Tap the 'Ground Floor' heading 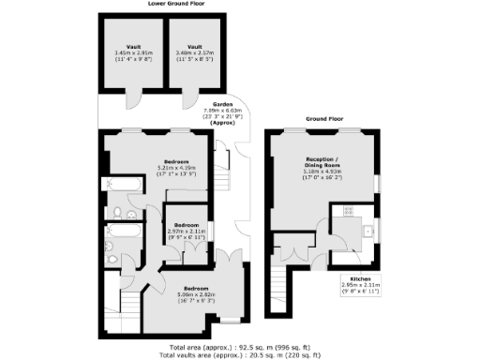tap(324, 120)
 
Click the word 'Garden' tap(222, 104)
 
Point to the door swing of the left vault tap(137, 97)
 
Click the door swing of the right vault tap(190, 97)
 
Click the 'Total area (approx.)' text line tap(239, 346)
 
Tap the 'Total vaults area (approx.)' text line tap(239, 354)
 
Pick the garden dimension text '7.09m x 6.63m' tap(222, 111)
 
